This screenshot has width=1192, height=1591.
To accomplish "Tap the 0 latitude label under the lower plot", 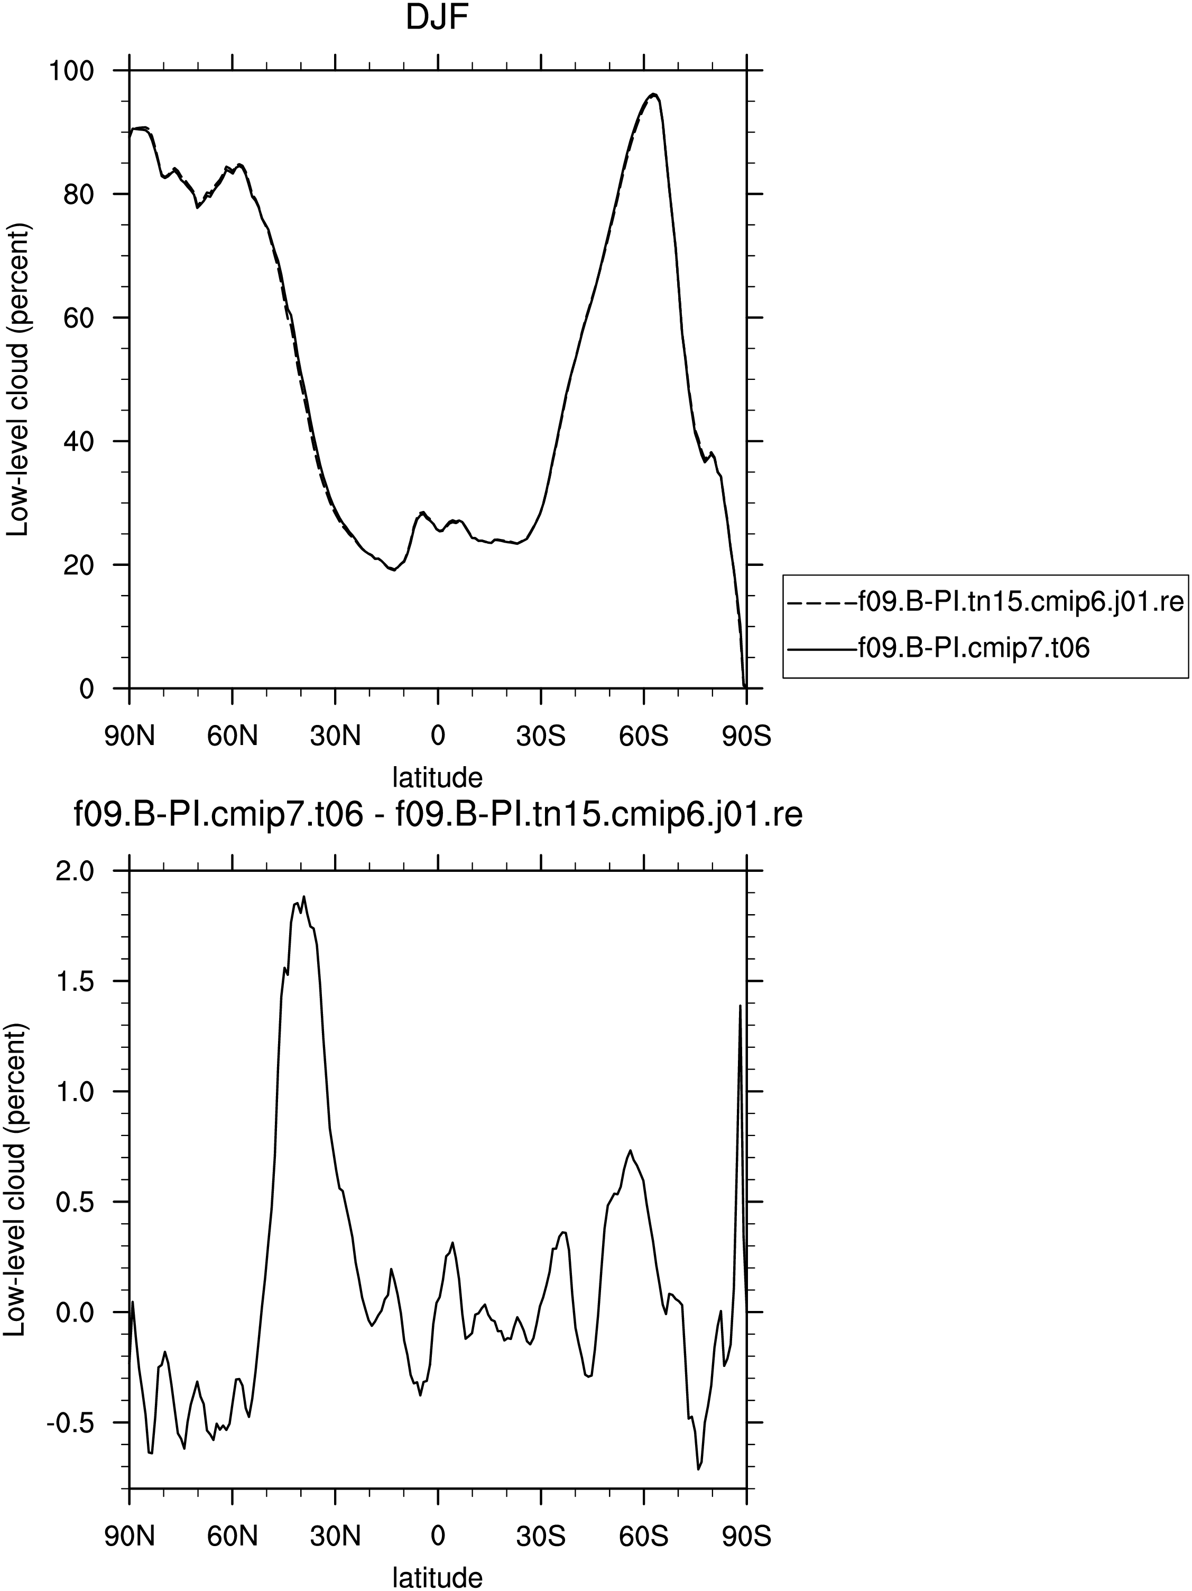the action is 437,1537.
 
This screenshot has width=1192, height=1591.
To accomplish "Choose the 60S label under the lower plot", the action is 644,1537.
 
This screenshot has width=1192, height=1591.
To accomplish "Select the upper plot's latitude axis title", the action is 437,777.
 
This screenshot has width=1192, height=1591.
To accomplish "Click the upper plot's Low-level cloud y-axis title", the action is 17,379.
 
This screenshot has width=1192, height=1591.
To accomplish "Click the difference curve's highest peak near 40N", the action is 304,896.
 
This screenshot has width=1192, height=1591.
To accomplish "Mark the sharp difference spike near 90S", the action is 740,1006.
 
